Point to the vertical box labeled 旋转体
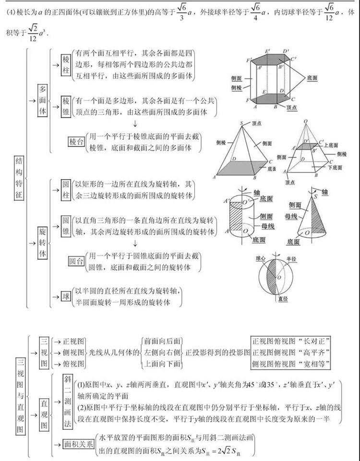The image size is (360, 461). (43, 239)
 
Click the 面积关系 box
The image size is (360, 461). (79, 444)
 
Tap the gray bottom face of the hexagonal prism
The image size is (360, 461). (269, 97)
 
